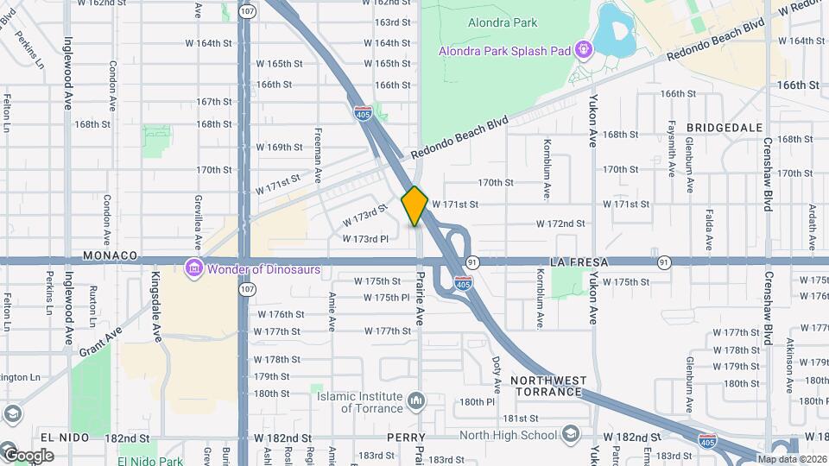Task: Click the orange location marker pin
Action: [x=414, y=206]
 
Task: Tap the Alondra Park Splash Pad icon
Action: [x=584, y=50]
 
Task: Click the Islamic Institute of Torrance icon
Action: [x=416, y=401]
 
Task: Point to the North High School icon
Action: [x=570, y=433]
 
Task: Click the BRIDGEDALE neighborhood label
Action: [x=725, y=127]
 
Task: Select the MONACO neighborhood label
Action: [x=111, y=256]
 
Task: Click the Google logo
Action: [x=28, y=456]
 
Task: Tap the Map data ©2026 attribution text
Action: [x=793, y=459]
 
